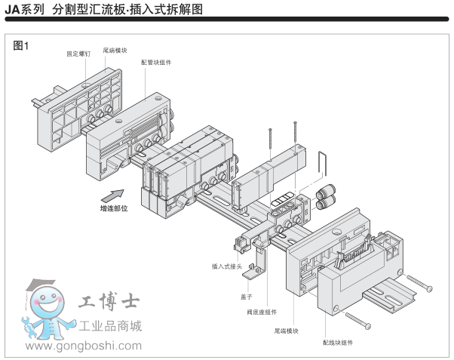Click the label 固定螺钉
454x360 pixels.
click(78, 54)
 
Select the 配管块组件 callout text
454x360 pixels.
click(156, 62)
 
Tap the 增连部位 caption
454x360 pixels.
click(114, 208)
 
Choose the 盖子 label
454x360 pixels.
click(246, 297)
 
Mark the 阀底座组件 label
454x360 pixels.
click(262, 312)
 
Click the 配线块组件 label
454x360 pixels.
click(337, 343)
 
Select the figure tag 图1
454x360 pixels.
click(21, 45)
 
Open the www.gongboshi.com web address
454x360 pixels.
click(84, 346)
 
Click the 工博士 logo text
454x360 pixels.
click(108, 303)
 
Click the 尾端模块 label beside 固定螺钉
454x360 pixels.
click(115, 50)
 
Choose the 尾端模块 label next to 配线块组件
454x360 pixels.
click(287, 331)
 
